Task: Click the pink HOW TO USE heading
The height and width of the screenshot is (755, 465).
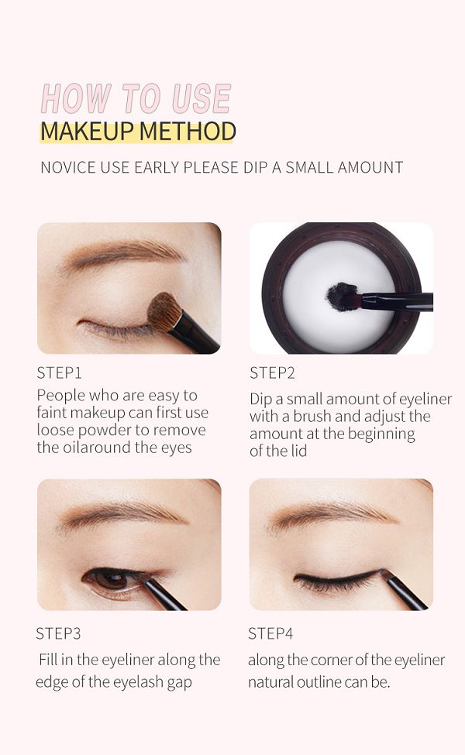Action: point(136,98)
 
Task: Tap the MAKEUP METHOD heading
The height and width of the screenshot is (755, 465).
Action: point(138,132)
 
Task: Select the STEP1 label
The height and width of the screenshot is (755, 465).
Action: point(59,372)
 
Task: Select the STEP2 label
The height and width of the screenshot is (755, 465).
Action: point(272,372)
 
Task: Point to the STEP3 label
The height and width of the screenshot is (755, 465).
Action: point(58,633)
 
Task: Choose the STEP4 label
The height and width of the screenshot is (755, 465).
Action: point(270,633)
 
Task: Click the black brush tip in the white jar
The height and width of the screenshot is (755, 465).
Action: point(343,296)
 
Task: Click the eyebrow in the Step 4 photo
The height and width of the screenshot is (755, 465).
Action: point(332,516)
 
